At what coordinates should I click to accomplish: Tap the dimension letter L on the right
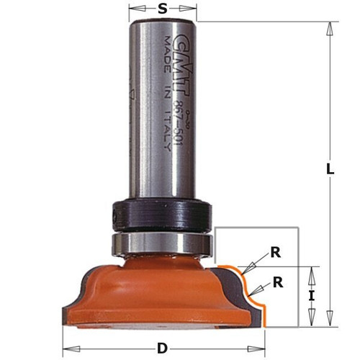point(329,171)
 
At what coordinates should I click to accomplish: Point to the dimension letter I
point(311,294)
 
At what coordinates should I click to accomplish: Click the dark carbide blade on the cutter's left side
point(71,302)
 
